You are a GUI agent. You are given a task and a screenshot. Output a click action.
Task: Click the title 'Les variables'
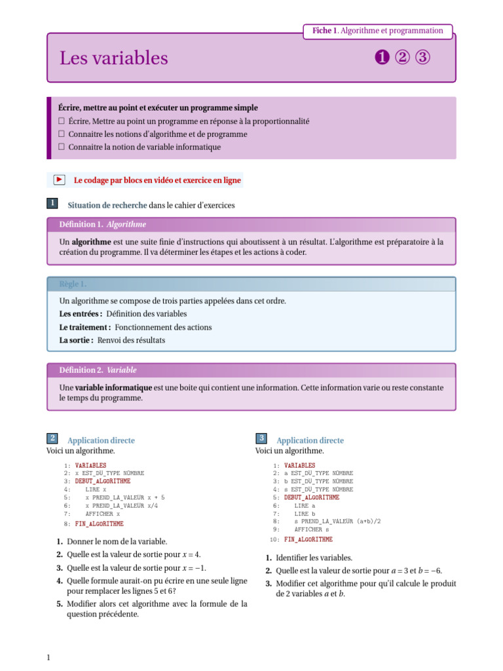coord(114,58)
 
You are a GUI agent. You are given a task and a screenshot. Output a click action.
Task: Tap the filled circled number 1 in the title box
coord(382,58)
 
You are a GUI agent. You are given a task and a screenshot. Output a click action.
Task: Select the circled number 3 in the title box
coord(423,58)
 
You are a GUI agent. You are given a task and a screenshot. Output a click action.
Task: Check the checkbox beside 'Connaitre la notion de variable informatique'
coord(61,147)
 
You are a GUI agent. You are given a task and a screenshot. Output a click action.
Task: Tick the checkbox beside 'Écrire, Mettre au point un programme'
coord(61,121)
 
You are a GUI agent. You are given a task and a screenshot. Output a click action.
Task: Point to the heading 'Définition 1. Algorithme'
coord(103,224)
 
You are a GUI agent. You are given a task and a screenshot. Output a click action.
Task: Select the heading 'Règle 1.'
coord(73,284)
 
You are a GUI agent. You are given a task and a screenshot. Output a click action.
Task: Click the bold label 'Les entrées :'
coord(81,314)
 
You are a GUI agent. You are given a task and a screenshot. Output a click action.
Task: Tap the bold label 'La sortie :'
coord(76,340)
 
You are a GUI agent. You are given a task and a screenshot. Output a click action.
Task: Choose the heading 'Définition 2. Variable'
coord(98,370)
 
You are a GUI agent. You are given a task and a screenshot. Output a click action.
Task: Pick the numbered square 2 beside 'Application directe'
coord(52,438)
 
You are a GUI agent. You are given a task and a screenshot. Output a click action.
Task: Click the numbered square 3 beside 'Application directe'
coord(261,438)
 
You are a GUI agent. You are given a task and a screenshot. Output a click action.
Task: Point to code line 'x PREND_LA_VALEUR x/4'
coord(121,506)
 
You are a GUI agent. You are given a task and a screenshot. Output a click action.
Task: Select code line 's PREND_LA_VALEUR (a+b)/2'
coord(337,521)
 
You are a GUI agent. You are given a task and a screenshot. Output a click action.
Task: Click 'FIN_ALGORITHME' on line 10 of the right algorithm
coord(308,539)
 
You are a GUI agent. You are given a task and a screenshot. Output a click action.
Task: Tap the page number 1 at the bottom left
coord(48,657)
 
